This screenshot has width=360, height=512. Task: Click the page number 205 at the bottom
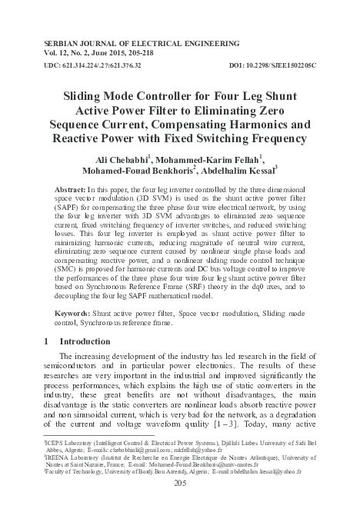pyautogui.click(x=181, y=482)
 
